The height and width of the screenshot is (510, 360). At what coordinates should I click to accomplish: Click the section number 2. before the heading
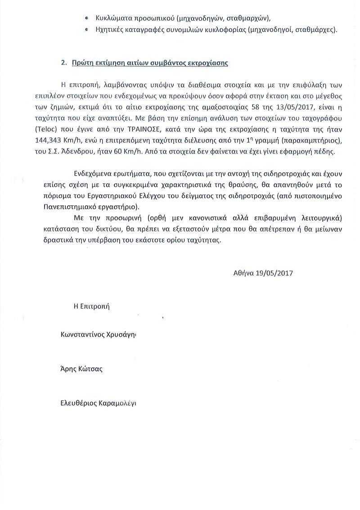64,63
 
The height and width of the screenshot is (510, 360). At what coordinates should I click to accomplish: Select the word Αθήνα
243,273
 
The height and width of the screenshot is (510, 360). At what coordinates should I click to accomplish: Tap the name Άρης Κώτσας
81,369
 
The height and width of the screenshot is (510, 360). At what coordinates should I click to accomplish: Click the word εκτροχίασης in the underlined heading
210,63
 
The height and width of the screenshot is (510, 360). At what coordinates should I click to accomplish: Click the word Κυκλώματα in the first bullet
113,18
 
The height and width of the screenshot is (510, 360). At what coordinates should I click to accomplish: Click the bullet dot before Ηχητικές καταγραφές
87,30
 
